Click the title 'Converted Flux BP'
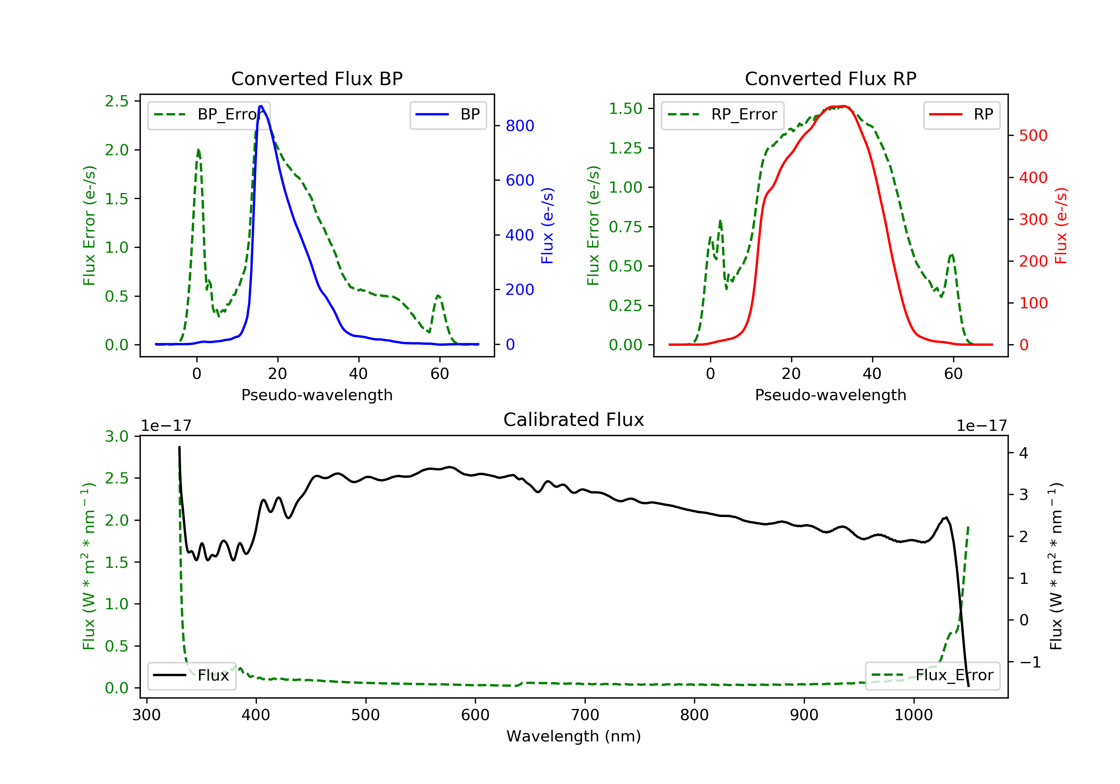click(317, 78)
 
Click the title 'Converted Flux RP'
click(830, 78)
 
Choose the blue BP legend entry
click(448, 115)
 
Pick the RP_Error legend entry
click(722, 115)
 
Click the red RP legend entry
click(961, 115)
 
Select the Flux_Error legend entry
click(932, 675)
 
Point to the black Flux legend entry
click(191, 675)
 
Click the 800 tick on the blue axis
click(520, 126)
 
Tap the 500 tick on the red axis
click(1033, 136)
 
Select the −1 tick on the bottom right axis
click(1030, 662)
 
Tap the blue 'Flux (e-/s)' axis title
click(547, 225)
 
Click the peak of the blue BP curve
click(261, 106)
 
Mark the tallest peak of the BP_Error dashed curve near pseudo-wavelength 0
click(198, 150)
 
